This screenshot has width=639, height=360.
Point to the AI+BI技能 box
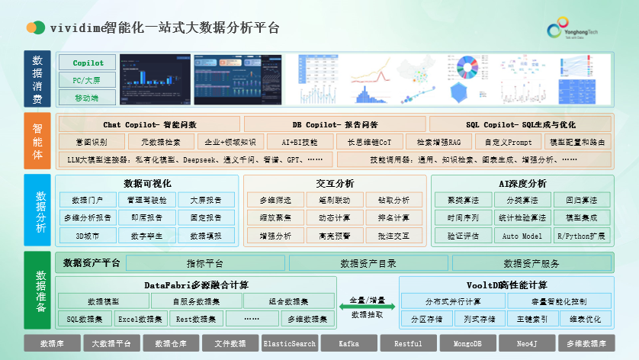pyautogui.click(x=300, y=142)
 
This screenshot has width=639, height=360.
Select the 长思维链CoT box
pyautogui.click(x=369, y=142)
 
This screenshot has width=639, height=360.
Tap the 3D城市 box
pyautogui.click(x=87, y=236)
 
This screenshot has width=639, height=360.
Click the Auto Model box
pyautogui.click(x=522, y=236)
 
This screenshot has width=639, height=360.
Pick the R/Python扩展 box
pyautogui.click(x=582, y=236)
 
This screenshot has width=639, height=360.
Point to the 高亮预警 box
pyautogui.click(x=335, y=236)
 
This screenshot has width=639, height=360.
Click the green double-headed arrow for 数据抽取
pyautogui.click(x=368, y=306)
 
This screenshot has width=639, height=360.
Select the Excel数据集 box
pyautogui.click(x=140, y=319)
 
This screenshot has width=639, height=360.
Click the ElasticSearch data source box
pyautogui.click(x=289, y=344)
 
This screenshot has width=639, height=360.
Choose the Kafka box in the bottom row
pyautogui.click(x=348, y=344)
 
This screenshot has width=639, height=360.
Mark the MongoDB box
pyautogui.click(x=467, y=344)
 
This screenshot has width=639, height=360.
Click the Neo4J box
pyautogui.click(x=527, y=344)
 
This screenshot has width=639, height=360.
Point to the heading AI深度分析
pyautogui.click(x=522, y=184)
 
